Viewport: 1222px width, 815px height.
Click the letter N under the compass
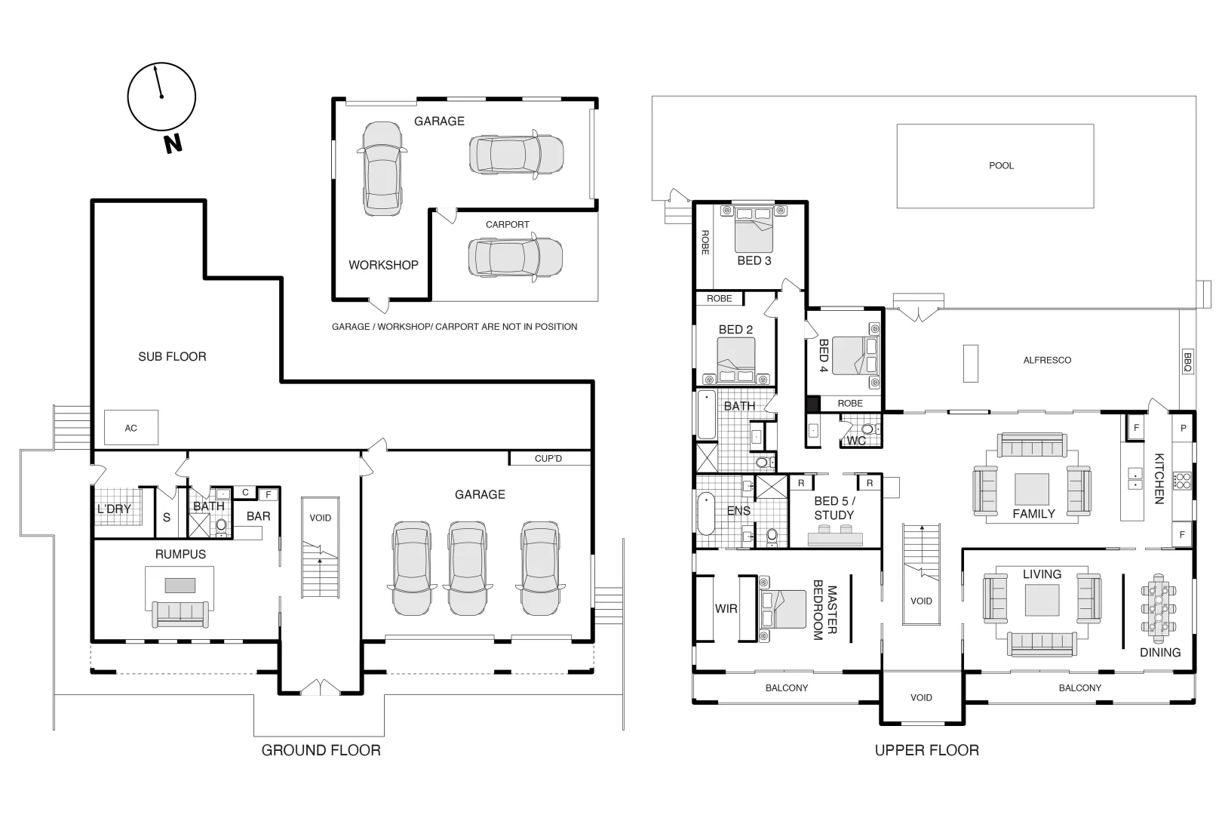point(173,143)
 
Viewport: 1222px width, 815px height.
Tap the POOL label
point(1001,165)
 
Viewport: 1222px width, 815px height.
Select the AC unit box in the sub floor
point(131,427)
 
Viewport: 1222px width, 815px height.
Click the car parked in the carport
point(515,257)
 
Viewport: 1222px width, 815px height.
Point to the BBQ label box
point(1187,361)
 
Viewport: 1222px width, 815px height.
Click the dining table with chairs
point(1158,608)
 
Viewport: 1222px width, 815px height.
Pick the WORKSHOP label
point(383,265)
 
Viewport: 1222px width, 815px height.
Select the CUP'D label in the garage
point(548,459)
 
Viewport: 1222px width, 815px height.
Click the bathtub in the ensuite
point(706,514)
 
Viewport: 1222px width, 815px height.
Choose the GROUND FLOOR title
point(321,750)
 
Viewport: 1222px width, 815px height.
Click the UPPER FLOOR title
point(927,750)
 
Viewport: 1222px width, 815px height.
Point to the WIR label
point(726,609)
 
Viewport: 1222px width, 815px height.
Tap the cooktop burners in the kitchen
point(1182,481)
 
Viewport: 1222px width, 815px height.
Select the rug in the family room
point(1032,487)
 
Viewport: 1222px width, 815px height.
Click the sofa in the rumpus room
point(180,614)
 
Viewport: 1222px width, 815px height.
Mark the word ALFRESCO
point(1047,360)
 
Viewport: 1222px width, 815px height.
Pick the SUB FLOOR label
point(173,356)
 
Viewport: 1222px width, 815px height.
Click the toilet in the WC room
point(868,429)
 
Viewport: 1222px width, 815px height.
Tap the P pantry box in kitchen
point(1184,428)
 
